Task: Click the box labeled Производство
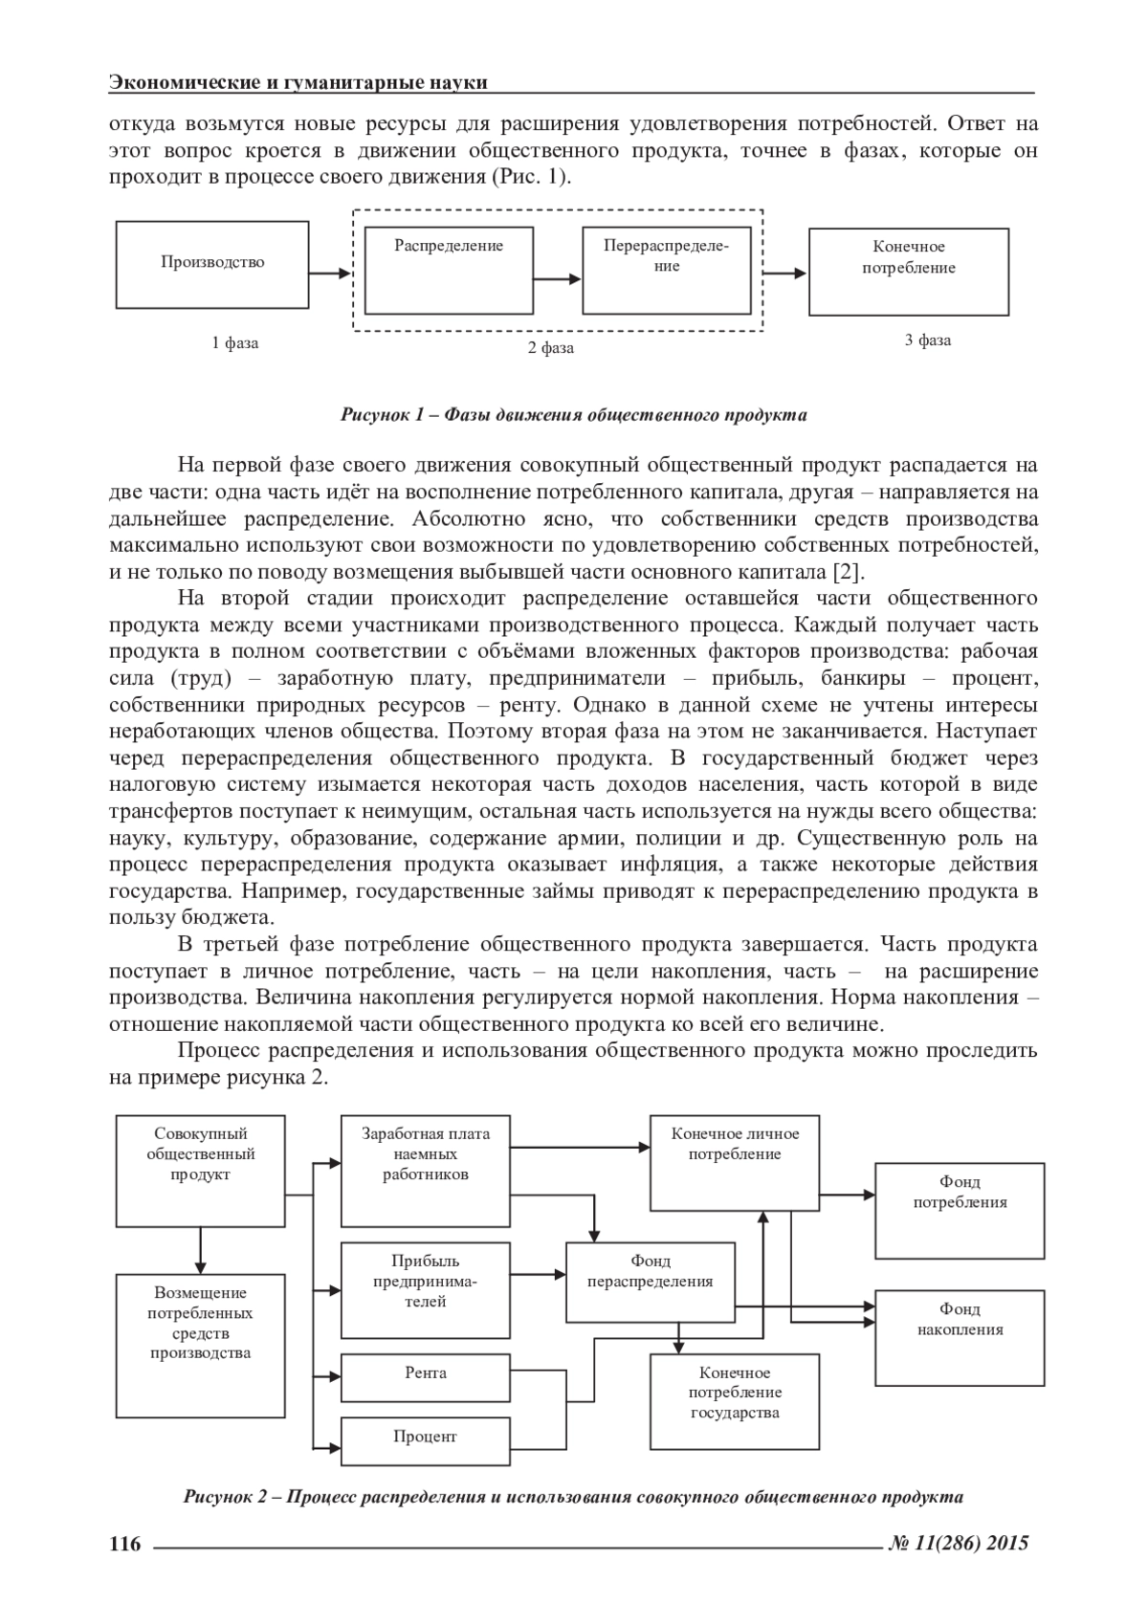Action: coord(212,264)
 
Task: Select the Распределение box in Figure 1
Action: coord(449,271)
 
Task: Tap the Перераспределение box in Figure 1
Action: coord(666,271)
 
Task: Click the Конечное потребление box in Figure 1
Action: coord(909,272)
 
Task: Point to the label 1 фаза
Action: coord(235,342)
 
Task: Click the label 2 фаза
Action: coord(551,348)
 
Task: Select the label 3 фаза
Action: coord(928,340)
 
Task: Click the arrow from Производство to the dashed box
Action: coord(331,274)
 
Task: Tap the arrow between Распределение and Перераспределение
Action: coord(557,279)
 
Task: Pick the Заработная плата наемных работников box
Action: coord(426,1171)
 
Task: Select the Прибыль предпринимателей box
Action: coord(426,1289)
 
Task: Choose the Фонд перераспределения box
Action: coord(651,1282)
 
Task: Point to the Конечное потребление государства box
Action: coord(735,1400)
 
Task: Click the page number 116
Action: coord(125,1543)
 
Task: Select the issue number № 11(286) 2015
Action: coord(960,1542)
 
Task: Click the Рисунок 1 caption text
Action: coord(573,415)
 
